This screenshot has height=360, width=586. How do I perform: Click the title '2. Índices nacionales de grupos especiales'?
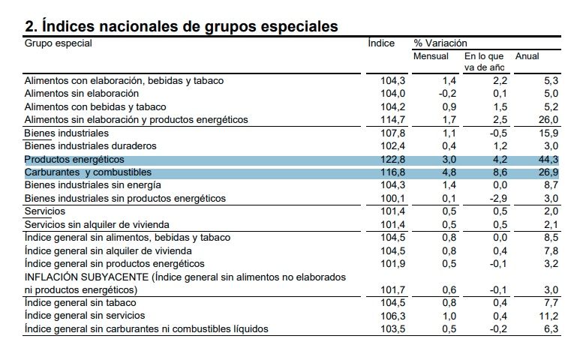click(x=181, y=26)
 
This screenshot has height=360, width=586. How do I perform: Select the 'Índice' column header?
click(x=381, y=43)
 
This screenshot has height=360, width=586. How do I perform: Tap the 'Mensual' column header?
click(x=431, y=56)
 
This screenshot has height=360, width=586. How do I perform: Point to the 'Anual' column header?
click(x=527, y=56)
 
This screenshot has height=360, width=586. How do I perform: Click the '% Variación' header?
click(x=440, y=43)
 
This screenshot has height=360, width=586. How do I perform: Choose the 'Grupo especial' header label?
click(x=58, y=43)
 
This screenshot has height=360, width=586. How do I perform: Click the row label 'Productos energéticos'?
click(x=74, y=160)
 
